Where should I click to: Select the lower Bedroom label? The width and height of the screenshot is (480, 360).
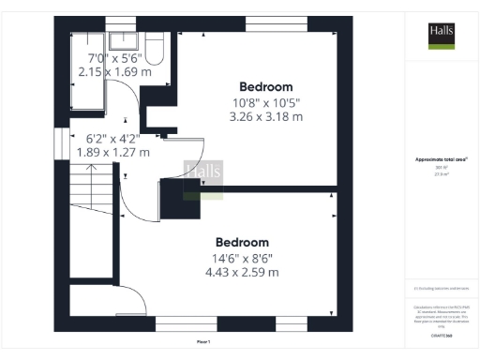pyautogui.click(x=243, y=242)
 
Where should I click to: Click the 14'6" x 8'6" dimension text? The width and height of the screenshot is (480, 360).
pyautogui.click(x=243, y=258)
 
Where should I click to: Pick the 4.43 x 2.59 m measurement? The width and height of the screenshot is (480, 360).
pyautogui.click(x=243, y=273)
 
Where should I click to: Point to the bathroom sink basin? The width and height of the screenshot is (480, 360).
pyautogui.click(x=123, y=40)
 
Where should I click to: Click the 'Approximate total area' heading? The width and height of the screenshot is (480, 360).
pyautogui.click(x=441, y=159)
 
